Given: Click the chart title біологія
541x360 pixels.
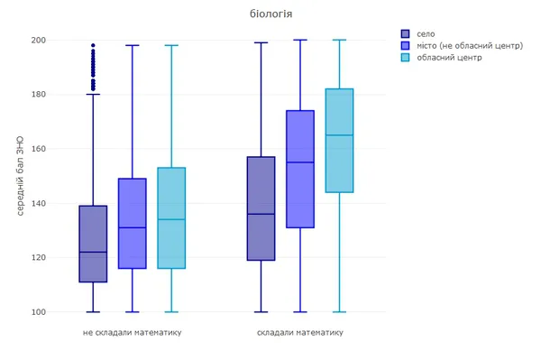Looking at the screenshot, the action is [x=270, y=14].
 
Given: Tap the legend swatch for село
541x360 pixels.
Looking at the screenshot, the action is [x=405, y=33].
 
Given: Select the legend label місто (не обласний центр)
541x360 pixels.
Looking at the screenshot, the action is [x=470, y=45].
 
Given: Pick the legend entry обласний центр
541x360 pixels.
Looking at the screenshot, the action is [x=449, y=58].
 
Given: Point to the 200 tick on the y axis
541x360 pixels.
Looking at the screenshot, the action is [x=38, y=40].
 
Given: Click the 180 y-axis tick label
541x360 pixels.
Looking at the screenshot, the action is [x=38, y=94].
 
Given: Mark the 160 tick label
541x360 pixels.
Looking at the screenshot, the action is [x=38, y=149].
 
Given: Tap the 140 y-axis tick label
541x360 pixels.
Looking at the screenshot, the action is [x=38, y=203].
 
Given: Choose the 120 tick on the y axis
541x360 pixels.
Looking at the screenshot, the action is [x=38, y=257].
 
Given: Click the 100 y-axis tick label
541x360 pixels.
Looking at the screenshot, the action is [x=38, y=312].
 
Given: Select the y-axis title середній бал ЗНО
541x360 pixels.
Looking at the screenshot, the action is [x=20, y=176].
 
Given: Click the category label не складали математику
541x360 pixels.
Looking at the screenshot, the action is [x=133, y=332].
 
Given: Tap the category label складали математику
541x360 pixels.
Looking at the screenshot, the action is [x=300, y=332].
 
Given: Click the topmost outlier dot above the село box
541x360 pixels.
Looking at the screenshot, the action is [x=93, y=45].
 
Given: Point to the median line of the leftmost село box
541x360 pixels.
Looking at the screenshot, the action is [x=93, y=252].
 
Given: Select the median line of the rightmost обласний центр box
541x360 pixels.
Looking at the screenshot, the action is [x=340, y=135].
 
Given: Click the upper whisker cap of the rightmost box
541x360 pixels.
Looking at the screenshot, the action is [x=340, y=40].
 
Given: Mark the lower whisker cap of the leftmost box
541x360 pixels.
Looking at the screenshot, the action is [x=93, y=312].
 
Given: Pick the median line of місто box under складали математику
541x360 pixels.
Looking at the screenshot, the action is [x=300, y=162].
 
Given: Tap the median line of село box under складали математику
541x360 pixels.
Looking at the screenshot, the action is [x=261, y=214].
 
